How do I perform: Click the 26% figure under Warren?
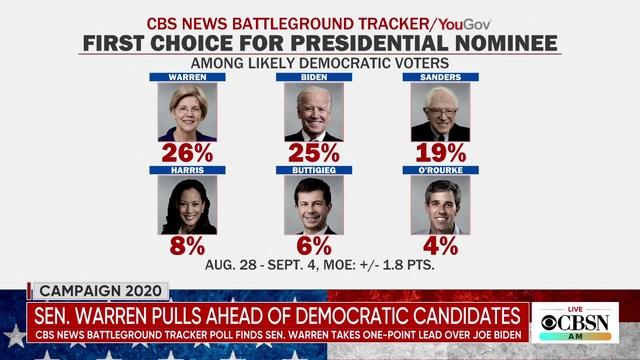(x=187, y=153)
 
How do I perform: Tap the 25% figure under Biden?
(x=314, y=153)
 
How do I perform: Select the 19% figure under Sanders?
(x=440, y=153)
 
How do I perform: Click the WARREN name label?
(x=187, y=77)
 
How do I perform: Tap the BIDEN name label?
(x=314, y=77)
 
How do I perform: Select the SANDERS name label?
(x=440, y=77)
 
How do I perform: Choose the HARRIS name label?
(x=187, y=170)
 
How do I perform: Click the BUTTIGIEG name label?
(x=314, y=170)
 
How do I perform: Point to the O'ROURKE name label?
(x=440, y=170)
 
